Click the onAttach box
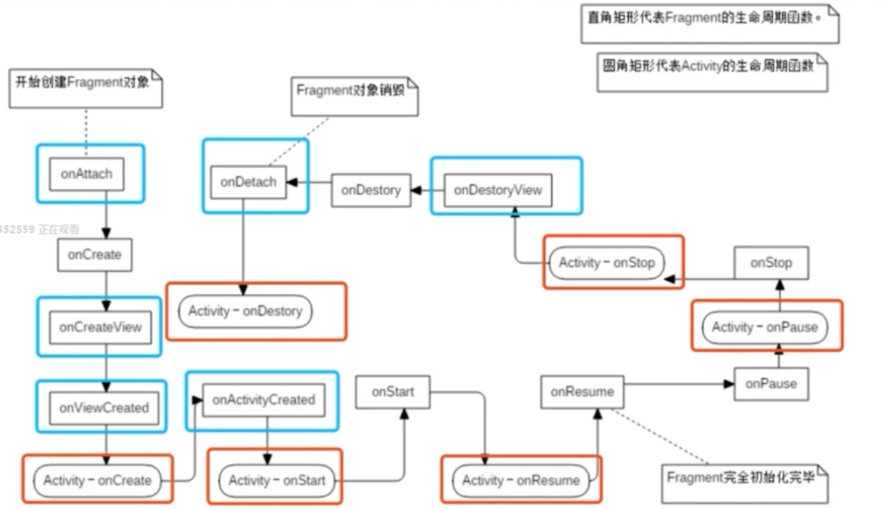tap(87, 174)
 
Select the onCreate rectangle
tap(94, 254)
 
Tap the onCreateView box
tap(100, 327)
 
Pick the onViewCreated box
tap(103, 408)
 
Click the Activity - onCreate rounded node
tap(97, 480)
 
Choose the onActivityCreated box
tap(263, 400)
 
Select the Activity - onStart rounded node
tap(277, 480)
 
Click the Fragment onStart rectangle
tap(393, 392)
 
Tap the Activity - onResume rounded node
tap(521, 480)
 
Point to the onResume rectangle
tap(582, 392)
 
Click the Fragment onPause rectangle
tap(771, 384)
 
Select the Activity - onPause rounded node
tap(765, 326)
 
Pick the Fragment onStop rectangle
tap(771, 263)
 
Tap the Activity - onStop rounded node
tap(607, 263)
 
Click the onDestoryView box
tap(498, 190)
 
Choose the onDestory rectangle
tap(371, 190)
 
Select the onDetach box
tap(248, 182)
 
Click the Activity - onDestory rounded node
tap(245, 311)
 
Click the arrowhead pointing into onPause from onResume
tap(729, 384)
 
